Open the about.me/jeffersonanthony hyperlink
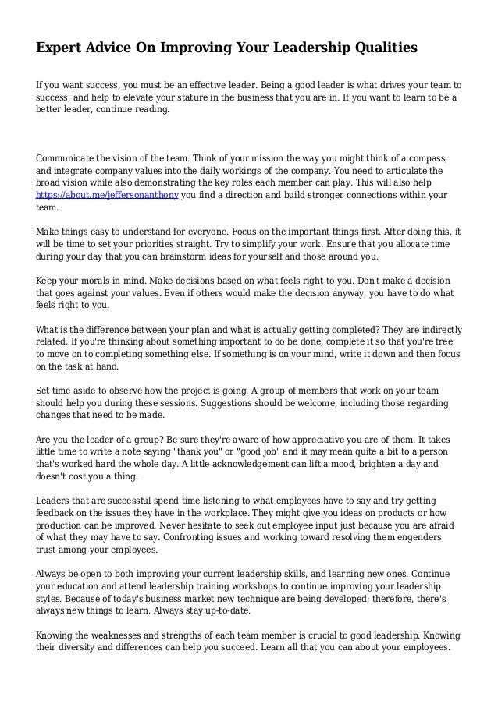point(108,195)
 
